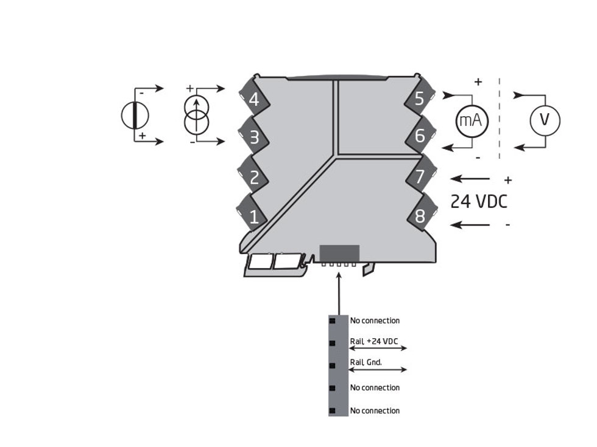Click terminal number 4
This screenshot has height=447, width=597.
[254, 99]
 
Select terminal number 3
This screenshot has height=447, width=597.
[254, 137]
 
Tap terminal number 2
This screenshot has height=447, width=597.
[254, 177]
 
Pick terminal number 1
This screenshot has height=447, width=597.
[254, 216]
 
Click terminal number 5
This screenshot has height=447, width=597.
[419, 99]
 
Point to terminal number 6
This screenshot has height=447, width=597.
[419, 136]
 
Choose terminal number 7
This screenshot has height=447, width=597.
[419, 177]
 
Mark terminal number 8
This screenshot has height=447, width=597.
[419, 216]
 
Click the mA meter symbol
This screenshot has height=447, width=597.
[472, 120]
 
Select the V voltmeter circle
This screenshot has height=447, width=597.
[545, 120]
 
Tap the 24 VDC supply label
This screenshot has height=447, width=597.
[479, 202]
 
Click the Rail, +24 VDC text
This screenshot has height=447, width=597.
[373, 342]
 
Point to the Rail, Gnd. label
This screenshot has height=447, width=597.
[366, 362]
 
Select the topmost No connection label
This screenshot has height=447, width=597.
[375, 321]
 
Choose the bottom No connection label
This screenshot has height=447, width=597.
[375, 411]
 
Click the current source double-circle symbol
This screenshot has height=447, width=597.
[196, 115]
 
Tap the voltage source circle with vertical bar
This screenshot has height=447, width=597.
[135, 115]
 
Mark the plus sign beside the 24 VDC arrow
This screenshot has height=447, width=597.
[508, 181]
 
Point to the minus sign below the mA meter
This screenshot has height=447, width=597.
[478, 158]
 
